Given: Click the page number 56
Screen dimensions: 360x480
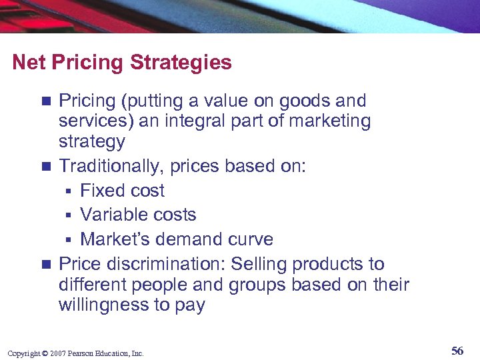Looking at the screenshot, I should coord(457,351).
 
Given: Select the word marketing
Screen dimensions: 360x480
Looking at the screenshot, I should coord(329,121).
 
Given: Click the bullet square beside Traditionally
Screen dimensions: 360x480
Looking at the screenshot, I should coord(45,167).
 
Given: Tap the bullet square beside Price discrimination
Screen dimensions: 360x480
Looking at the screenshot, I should coord(45,265).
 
